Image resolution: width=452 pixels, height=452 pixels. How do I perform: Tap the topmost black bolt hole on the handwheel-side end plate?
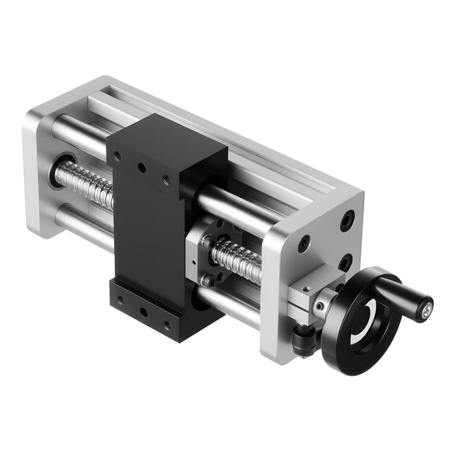coord(347,220)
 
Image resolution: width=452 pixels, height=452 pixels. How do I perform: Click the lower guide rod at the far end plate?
coord(79,223)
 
